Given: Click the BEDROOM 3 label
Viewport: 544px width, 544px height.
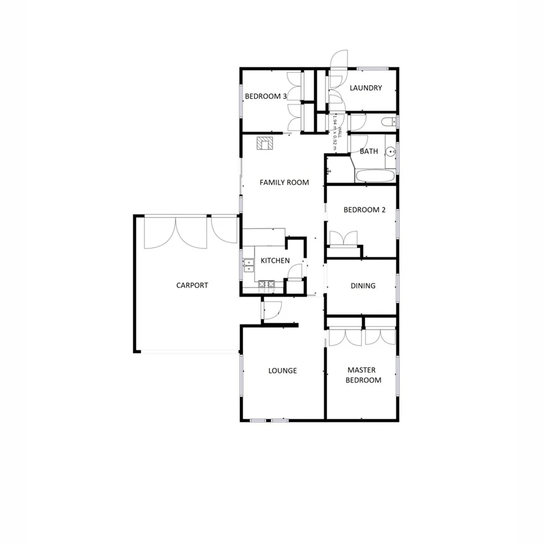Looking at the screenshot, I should [x=265, y=96].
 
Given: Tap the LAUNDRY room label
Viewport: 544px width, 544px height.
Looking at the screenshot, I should [x=366, y=88].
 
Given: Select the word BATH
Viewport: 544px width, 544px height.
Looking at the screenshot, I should [x=369, y=151].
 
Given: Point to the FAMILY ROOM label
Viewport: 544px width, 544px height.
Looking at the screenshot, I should [x=284, y=183].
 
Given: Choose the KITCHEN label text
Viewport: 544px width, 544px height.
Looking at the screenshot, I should [x=275, y=261].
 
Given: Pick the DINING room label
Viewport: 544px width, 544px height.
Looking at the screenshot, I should [x=363, y=286].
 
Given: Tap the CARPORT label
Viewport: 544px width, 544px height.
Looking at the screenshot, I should [x=192, y=285].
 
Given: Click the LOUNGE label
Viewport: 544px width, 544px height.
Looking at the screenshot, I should [x=282, y=371].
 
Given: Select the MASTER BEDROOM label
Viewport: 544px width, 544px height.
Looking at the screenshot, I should [x=364, y=375].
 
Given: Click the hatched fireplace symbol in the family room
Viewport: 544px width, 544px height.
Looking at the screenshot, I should [x=264, y=143].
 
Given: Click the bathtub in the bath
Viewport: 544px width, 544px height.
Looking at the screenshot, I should [x=375, y=176].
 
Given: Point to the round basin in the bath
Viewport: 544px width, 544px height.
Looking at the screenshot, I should [x=391, y=152].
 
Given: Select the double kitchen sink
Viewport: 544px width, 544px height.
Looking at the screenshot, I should [x=248, y=264].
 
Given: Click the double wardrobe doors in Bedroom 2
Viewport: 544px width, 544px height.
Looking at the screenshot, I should [x=345, y=238].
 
